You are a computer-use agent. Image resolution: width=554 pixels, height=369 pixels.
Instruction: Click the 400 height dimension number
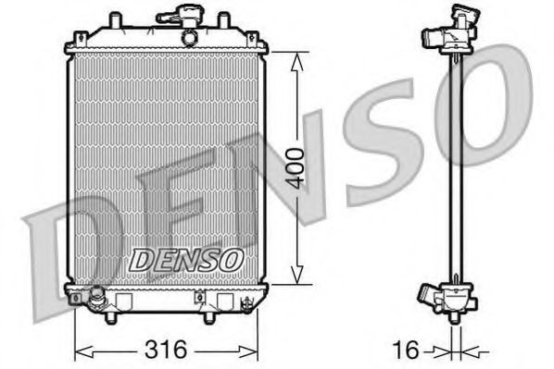pyautogui.click(x=295, y=166)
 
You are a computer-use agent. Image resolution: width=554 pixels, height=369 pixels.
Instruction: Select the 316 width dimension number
pyautogui.click(x=168, y=350)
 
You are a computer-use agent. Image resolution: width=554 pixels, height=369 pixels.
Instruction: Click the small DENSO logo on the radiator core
pyautogui.click(x=185, y=262)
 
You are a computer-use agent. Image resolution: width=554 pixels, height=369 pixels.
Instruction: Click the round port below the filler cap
pyautogui.click(x=189, y=38)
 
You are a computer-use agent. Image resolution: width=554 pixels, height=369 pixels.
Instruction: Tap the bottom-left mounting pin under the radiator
pyautogui.click(x=112, y=316)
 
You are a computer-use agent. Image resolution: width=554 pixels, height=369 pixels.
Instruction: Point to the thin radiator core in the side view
pyautogui.click(x=455, y=166)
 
